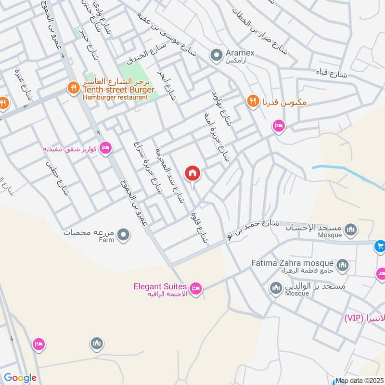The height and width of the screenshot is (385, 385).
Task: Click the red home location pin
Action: pyautogui.click(x=192, y=173)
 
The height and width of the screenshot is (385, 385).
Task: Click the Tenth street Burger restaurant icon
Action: pyautogui.click(x=73, y=88)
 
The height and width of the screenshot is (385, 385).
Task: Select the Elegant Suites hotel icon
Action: pyautogui.click(x=196, y=289)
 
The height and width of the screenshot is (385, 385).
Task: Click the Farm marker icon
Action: pyautogui.click(x=124, y=235)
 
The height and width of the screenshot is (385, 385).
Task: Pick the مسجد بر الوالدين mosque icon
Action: pyautogui.click(x=276, y=288)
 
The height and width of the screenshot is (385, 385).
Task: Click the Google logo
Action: pyautogui.click(x=20, y=378)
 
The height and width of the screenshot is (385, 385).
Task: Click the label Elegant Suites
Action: pyautogui.click(x=160, y=287)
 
